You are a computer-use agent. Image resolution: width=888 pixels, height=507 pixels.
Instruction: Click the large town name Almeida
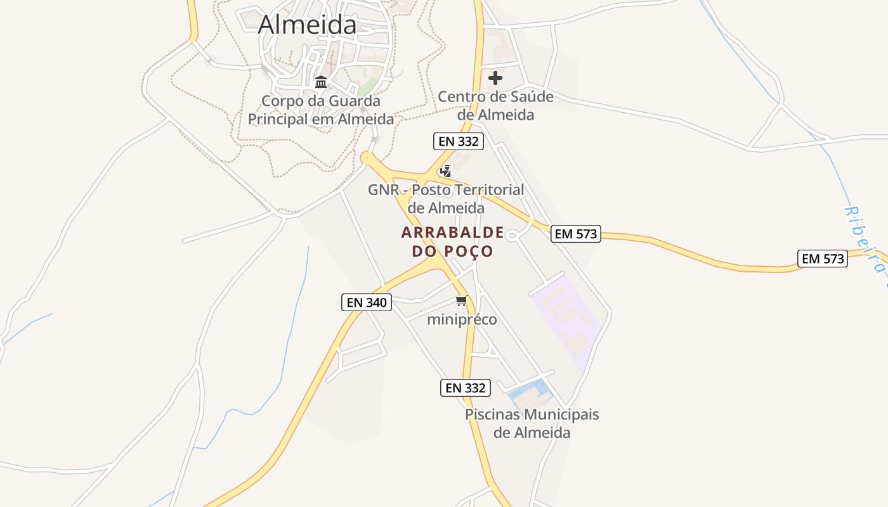click(308, 25)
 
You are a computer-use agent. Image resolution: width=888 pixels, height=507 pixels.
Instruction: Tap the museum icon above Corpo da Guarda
click(321, 82)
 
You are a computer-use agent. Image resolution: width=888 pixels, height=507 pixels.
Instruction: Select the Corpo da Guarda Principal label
click(321, 110)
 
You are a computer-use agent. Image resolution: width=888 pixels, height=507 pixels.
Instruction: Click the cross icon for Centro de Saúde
click(495, 78)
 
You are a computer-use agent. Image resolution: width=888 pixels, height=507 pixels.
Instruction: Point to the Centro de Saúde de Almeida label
click(495, 106)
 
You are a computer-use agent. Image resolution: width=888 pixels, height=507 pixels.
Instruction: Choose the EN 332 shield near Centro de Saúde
click(459, 141)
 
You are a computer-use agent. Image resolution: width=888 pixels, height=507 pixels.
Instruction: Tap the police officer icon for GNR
click(446, 170)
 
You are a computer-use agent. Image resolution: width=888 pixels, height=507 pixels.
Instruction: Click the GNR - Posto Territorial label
click(446, 198)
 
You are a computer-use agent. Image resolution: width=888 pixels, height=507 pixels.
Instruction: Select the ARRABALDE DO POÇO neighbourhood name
click(452, 241)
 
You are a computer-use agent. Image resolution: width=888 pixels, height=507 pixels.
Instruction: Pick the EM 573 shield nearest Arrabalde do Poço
click(575, 234)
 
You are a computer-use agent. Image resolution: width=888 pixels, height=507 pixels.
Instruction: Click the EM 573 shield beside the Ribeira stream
click(823, 259)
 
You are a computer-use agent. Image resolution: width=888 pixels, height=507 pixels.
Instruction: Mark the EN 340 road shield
click(367, 302)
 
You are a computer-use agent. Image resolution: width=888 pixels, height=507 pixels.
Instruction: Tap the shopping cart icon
click(462, 300)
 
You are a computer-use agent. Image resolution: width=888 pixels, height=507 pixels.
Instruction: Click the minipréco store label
click(462, 319)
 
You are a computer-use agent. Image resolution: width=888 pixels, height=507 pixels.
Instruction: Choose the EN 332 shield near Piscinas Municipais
click(466, 388)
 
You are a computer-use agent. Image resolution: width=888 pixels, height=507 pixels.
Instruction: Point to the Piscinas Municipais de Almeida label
click(532, 423)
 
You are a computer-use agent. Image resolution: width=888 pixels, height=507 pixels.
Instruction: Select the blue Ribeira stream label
click(868, 238)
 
